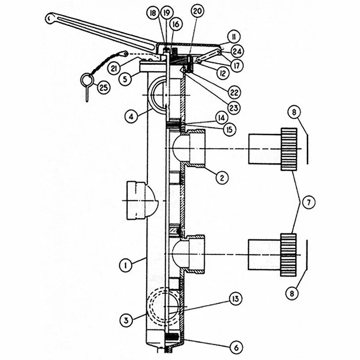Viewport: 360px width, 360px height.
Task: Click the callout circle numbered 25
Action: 103,87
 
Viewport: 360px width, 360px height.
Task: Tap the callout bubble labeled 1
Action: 125,266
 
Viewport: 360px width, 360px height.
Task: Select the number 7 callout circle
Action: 308,202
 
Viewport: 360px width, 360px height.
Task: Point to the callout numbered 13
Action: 235,299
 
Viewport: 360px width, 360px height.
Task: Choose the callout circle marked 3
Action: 126,320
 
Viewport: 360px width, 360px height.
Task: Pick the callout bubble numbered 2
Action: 222,178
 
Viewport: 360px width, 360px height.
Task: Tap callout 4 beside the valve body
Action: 131,117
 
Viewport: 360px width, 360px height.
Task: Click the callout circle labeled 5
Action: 125,79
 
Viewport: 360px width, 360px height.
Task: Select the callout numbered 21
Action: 114,68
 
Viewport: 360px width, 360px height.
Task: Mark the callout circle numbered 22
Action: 234,92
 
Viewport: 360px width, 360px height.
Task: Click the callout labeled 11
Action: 234,37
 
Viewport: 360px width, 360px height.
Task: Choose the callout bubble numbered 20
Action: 197,11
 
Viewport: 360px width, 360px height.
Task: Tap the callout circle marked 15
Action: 229,130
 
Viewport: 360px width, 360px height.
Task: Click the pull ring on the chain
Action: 87,80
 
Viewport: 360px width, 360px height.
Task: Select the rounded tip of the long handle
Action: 49,18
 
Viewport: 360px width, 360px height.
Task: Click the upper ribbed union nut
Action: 289,149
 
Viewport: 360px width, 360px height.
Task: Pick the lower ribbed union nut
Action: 288,255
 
